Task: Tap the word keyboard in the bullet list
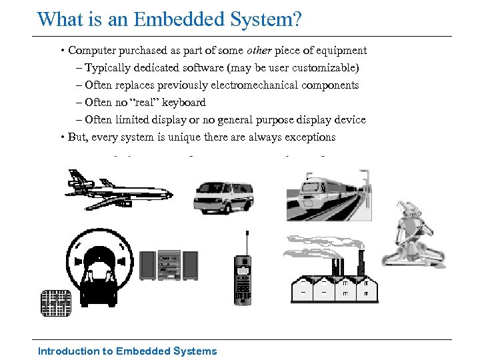click(x=184, y=103)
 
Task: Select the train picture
click(x=328, y=194)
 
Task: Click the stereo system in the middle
click(x=169, y=265)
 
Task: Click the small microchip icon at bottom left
click(x=55, y=303)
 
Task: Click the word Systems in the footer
click(x=195, y=351)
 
